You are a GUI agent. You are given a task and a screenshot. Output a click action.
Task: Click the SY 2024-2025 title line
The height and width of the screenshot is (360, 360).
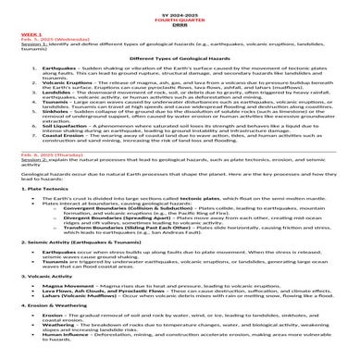180,9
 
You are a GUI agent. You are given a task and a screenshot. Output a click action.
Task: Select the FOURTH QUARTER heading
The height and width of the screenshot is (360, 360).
180,16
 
